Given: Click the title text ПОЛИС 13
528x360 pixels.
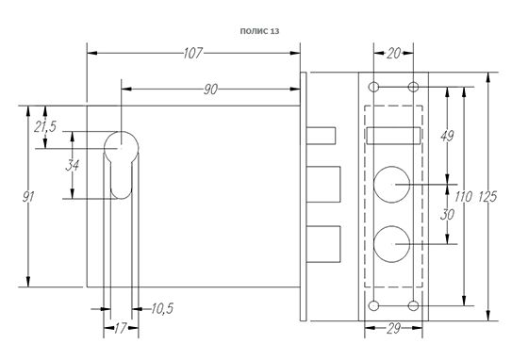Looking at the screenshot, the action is pyautogui.click(x=259, y=31).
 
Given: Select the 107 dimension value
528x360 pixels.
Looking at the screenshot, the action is pyautogui.click(x=193, y=53).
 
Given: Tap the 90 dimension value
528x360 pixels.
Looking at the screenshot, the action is pyautogui.click(x=211, y=90).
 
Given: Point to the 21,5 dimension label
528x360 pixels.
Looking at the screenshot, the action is pyautogui.click(x=45, y=126).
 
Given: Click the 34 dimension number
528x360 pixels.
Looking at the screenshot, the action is pyautogui.click(x=73, y=165).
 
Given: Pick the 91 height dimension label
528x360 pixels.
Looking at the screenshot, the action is pyautogui.click(x=28, y=196).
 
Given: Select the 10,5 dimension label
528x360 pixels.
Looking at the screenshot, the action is pyautogui.click(x=162, y=308).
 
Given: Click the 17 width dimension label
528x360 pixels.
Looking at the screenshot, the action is pyautogui.click(x=120, y=328).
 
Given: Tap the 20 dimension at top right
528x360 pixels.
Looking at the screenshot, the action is pyautogui.click(x=394, y=53).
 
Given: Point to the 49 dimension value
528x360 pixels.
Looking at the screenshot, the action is pyautogui.click(x=447, y=136).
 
